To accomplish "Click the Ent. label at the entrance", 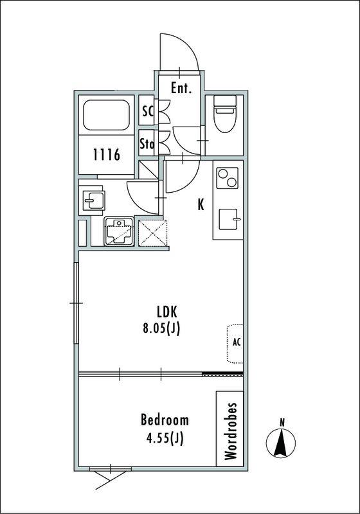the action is coord(181,88).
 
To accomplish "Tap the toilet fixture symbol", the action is coord(225,114).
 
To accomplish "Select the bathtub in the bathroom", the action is coord(106,115).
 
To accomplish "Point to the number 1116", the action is coord(107,154).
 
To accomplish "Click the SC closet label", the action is coord(148,111).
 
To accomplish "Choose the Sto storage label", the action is coord(147,143).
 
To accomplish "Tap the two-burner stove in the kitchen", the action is coord(227,178).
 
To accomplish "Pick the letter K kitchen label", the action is coord(201,204).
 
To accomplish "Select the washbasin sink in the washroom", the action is coord(93,200).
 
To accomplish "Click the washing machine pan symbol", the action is coord(119,231).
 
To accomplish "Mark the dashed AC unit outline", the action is coord(235,344).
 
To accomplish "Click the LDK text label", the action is coord(167,312).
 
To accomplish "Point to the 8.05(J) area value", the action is coord(161,329).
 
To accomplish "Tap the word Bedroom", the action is coord(165,420).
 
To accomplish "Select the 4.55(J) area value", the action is coord(165,438).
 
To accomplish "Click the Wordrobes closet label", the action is coord(231,430).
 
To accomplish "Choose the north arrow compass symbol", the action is coord(281,443).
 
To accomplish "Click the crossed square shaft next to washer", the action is coord(152,233).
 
